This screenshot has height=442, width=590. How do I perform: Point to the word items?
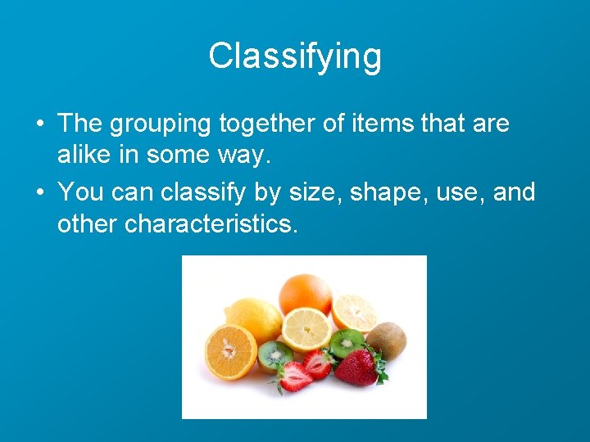[387, 124]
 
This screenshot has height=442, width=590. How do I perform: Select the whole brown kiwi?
[386, 340]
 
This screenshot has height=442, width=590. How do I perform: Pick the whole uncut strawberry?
[356, 366]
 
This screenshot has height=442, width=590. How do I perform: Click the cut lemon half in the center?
[307, 329]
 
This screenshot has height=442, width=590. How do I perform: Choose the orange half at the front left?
[230, 352]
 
